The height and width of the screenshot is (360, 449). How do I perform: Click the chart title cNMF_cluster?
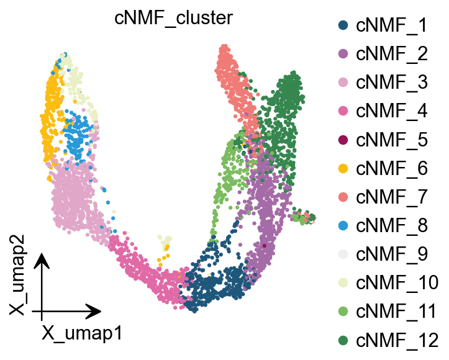[x=174, y=18]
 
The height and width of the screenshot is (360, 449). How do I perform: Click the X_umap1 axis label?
[x=81, y=333]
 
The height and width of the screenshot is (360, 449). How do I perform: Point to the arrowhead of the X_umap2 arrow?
[x=42, y=261]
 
